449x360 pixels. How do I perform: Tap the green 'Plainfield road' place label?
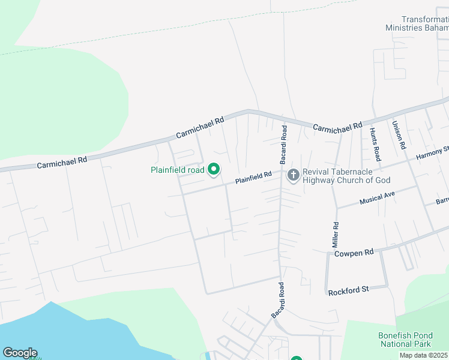click(x=178, y=170)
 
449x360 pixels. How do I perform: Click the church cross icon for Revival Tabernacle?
click(x=294, y=175)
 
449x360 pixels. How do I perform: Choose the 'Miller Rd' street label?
click(x=336, y=235)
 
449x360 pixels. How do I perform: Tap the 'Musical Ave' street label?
click(x=378, y=198)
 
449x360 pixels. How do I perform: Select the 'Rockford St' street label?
click(x=348, y=290)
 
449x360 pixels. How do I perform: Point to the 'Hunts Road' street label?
click(x=375, y=145)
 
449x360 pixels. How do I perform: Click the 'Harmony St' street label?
click(x=433, y=154)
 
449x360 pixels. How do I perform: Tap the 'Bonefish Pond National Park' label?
click(x=405, y=340)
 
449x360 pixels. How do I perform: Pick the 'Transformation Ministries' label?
click(x=417, y=23)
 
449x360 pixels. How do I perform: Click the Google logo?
click(x=20, y=353)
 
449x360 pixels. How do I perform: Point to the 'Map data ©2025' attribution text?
click(x=424, y=355)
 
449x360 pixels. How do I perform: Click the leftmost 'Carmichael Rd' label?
click(x=62, y=161)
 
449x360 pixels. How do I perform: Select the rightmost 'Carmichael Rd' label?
click(x=337, y=127)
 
